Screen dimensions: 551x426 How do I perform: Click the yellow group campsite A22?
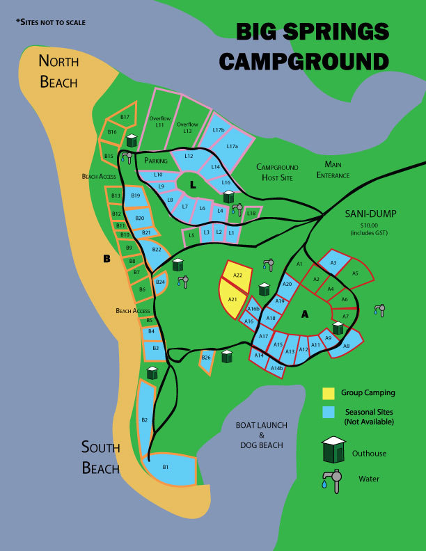(237, 275)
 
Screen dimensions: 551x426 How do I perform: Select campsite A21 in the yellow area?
(232, 300)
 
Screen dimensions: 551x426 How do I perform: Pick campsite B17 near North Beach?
(125, 118)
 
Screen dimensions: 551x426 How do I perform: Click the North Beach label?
(59, 71)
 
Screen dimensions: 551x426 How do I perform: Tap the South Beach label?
(100, 457)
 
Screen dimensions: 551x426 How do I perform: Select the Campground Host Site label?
(277, 172)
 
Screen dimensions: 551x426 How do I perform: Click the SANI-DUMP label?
(370, 214)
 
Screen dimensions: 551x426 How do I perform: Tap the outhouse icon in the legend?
(334, 450)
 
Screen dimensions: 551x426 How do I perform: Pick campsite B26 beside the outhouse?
(206, 358)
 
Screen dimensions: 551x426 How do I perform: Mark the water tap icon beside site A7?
(379, 310)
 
